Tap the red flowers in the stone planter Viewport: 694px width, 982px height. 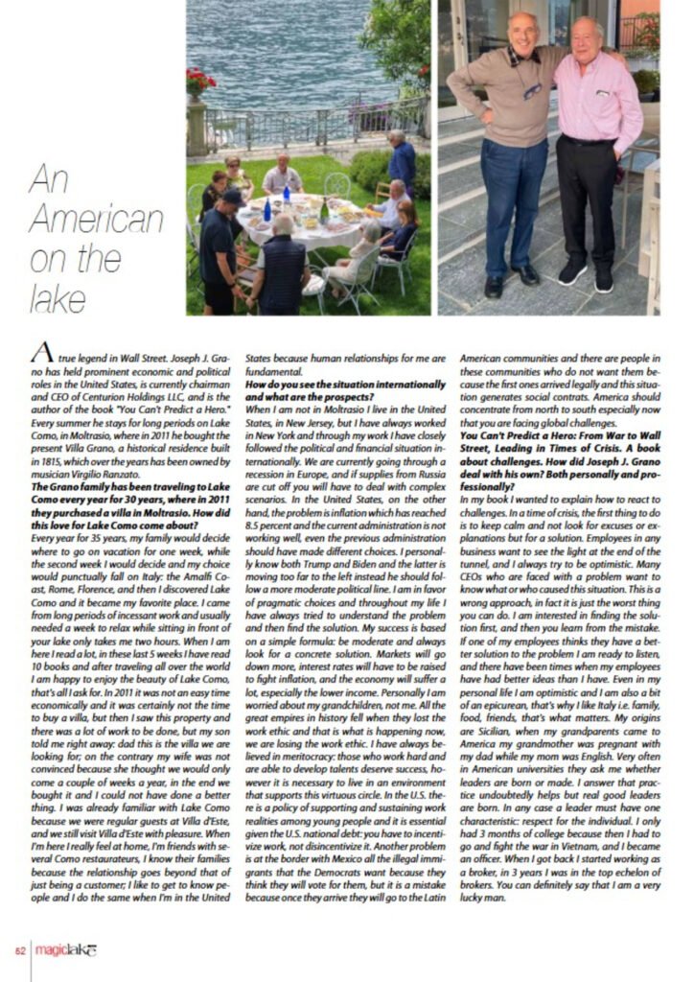click(200, 81)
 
